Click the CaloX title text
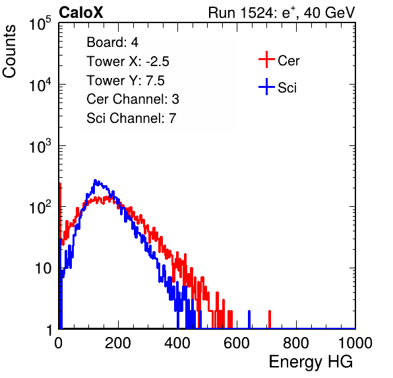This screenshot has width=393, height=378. [81, 13]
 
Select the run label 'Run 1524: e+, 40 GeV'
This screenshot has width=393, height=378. [282, 13]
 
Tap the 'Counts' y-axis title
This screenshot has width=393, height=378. [9, 52]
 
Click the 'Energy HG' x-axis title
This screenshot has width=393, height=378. [311, 361]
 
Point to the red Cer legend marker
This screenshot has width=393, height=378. [266, 59]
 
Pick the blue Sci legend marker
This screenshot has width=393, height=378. [266, 87]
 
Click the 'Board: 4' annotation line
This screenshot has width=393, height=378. [112, 42]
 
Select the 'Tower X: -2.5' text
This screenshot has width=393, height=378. [128, 61]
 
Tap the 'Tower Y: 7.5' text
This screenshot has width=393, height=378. [125, 81]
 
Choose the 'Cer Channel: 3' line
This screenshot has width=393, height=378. [133, 99]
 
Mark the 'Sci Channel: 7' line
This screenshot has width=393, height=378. [131, 118]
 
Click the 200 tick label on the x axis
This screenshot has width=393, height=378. [118, 343]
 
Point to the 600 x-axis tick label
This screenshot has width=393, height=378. [237, 343]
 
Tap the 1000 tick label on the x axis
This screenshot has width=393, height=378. [355, 343]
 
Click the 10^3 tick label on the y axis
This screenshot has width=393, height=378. [40, 146]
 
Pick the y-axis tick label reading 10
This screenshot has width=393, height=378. [43, 268]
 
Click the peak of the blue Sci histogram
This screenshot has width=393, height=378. [95, 180]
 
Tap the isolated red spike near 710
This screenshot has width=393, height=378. [270, 319]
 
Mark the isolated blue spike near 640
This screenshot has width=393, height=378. [249, 319]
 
